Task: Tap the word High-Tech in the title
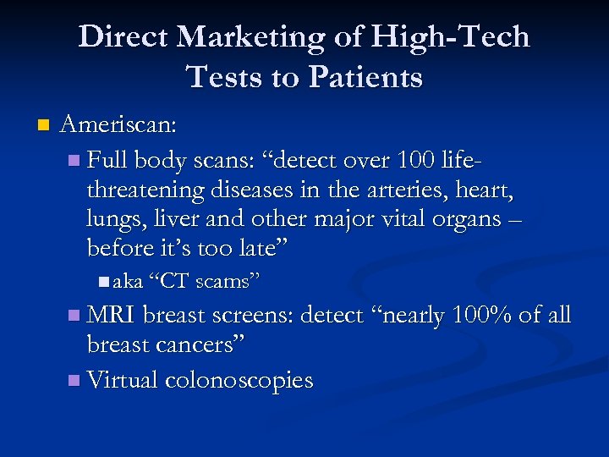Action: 447,37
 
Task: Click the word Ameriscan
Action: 118,125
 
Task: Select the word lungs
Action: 109,220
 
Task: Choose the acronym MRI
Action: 112,316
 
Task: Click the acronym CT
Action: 173,282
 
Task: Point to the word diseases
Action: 255,190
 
